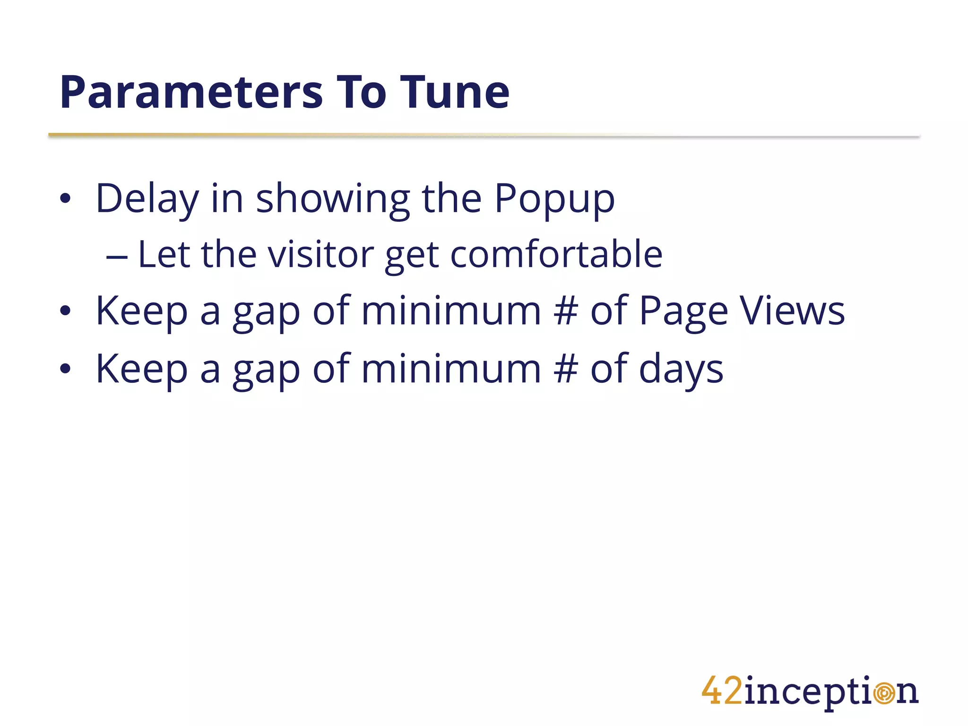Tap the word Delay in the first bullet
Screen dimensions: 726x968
(x=147, y=199)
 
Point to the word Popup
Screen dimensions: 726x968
(x=554, y=199)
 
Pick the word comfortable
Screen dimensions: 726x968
(x=556, y=255)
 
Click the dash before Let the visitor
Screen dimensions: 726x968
(x=117, y=257)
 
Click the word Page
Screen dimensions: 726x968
(x=683, y=312)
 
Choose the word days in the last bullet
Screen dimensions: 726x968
(x=681, y=369)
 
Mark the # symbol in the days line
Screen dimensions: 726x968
(x=566, y=369)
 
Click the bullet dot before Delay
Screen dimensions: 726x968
(x=65, y=199)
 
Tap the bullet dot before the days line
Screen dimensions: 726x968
(x=65, y=369)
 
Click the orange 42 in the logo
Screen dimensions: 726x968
(x=722, y=691)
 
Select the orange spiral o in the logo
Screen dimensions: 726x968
(x=883, y=693)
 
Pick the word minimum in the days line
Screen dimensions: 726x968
(x=451, y=369)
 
